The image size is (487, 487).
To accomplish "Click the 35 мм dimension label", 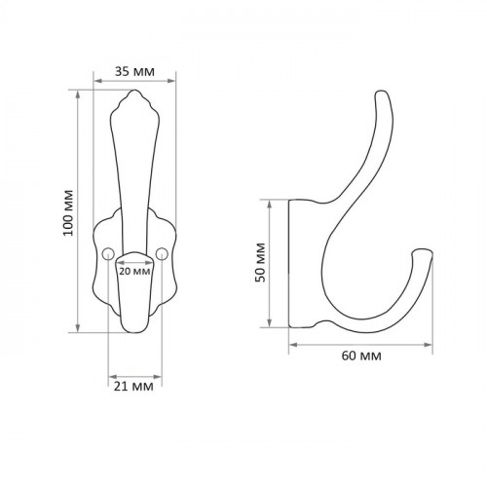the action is pyautogui.click(x=134, y=71).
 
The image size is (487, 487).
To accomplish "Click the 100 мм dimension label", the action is pyautogui.click(x=68, y=213).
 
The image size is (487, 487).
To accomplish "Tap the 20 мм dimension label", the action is pyautogui.click(x=134, y=271).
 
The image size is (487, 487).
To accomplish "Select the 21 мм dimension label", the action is pyautogui.click(x=133, y=387).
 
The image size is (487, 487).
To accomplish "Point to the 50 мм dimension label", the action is pyautogui.click(x=260, y=262).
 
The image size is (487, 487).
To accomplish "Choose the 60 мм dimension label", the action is pyautogui.click(x=361, y=356).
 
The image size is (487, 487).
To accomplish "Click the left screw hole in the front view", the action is pyautogui.click(x=108, y=254).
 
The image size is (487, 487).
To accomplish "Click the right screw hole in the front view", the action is pyautogui.click(x=162, y=254).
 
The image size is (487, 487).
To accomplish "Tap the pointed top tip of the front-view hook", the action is pyautogui.click(x=134, y=91).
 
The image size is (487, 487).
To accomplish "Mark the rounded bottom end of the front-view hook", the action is pyautogui.click(x=134, y=332).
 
